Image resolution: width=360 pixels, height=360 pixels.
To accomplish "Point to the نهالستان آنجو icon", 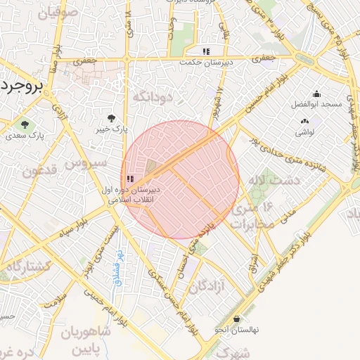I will tap(237, 319).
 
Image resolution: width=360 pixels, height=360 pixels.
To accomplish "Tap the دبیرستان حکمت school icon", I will tap(206, 51).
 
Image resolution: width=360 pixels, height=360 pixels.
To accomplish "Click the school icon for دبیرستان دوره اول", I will tap(130, 180).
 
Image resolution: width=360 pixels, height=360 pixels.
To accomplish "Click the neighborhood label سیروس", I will tap(86, 162).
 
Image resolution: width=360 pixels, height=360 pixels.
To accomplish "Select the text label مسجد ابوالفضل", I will tap(316, 105).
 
